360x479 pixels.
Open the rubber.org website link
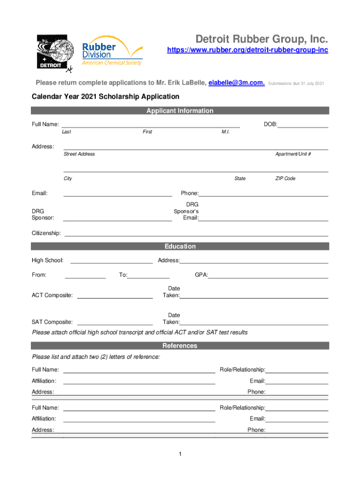pyautogui.click(x=247, y=50)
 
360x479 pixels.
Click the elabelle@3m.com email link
pyautogui.click(x=237, y=83)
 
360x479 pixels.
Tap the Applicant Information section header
pyautogui.click(x=180, y=111)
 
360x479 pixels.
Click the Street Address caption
pyautogui.click(x=79, y=154)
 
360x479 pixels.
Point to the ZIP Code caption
pyautogui.click(x=285, y=178)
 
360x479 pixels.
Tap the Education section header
pyautogui.click(x=180, y=247)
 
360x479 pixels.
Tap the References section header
pyautogui.click(x=180, y=346)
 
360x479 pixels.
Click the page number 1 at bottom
pyautogui.click(x=180, y=454)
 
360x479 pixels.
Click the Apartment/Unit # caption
pyautogui.click(x=293, y=154)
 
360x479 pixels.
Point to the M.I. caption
pyautogui.click(x=225, y=132)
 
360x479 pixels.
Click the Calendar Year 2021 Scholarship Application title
pyautogui.click(x=105, y=97)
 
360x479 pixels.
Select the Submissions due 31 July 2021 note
pyautogui.click(x=296, y=83)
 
